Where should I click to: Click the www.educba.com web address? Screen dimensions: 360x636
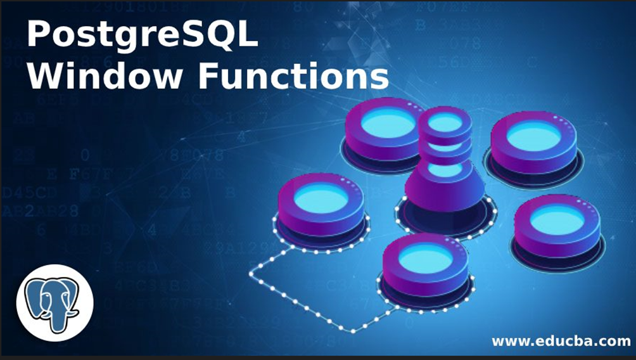561,341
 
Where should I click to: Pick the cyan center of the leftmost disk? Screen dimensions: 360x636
321,198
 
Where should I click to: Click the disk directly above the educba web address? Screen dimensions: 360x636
557,222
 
